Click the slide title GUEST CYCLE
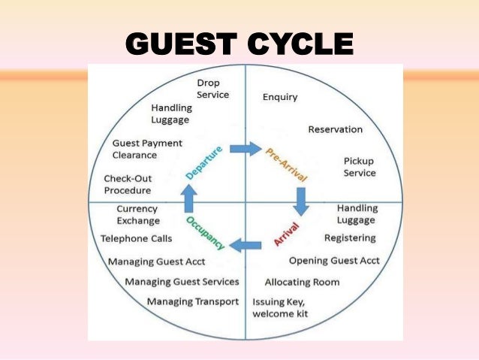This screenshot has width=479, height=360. coord(239,43)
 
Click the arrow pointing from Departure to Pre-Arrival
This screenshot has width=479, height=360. coord(246,148)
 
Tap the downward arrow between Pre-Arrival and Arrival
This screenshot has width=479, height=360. coord(302,200)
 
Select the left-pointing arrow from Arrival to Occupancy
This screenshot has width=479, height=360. coord(246,244)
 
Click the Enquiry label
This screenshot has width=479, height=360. coord(280,97)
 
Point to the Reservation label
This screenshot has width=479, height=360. coord(335,129)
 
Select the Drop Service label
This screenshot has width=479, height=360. coord(212,89)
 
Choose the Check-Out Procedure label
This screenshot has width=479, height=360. coord(127,184)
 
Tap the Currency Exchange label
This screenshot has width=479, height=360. coord(138,215)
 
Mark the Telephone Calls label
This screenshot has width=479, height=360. coord(136,238)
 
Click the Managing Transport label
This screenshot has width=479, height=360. coord(193,301)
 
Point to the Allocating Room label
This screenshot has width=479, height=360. coord(302,282)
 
